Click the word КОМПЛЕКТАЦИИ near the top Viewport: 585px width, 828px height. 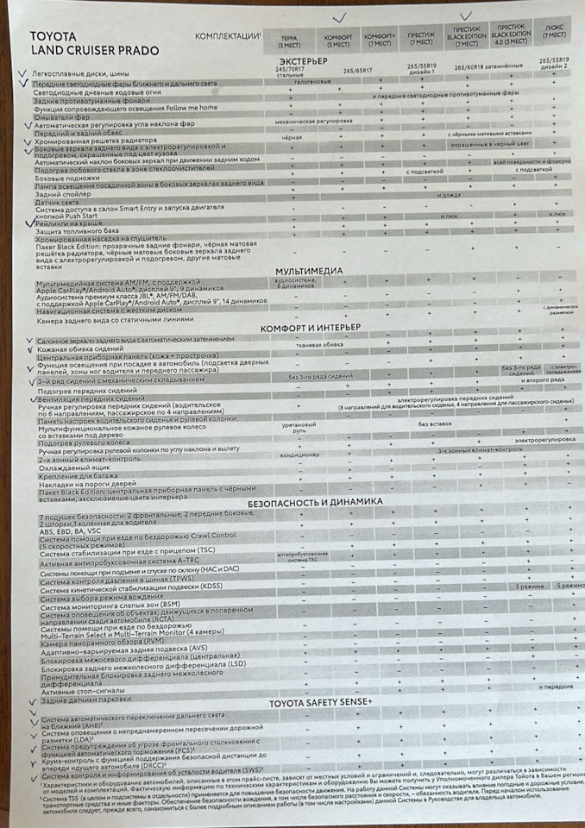228,37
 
